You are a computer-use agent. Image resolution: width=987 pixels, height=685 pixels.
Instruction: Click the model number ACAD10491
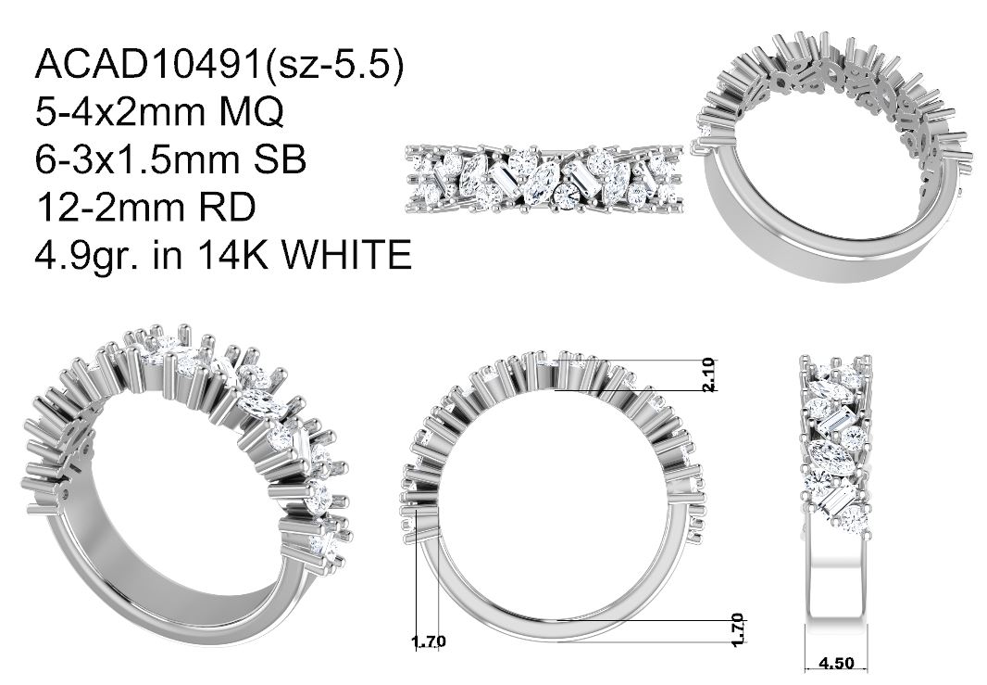coord(148,64)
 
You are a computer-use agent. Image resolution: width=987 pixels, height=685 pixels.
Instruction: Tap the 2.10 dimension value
coord(709,375)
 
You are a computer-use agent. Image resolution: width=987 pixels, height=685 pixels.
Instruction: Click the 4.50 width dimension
coord(836,664)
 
